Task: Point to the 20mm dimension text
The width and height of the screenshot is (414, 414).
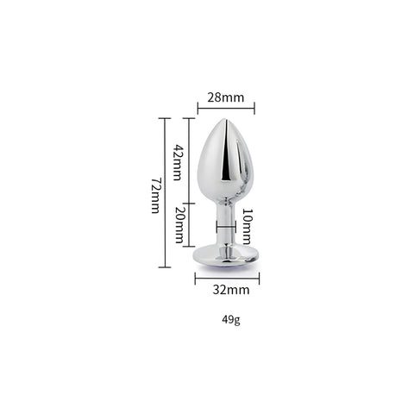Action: tap(179, 224)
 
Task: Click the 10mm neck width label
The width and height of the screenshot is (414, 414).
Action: tap(247, 226)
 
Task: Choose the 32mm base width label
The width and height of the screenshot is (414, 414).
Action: tap(226, 290)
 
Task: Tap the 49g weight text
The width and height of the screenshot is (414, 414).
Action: tap(230, 321)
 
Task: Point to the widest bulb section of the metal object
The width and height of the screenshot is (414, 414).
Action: tap(225, 168)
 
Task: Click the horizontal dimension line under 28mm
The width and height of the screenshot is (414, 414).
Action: tap(226, 108)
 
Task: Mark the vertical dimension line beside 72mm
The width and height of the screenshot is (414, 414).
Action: tap(164, 192)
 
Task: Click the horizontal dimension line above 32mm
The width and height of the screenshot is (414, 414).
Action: tap(226, 276)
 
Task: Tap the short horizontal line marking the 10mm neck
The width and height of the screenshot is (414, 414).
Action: tap(225, 228)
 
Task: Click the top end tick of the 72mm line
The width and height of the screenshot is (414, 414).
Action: tap(164, 118)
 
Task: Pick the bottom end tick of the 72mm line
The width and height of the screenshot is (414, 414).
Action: tap(164, 267)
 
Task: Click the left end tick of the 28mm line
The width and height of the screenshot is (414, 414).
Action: tap(198, 108)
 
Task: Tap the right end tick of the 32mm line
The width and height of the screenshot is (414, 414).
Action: tap(258, 276)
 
